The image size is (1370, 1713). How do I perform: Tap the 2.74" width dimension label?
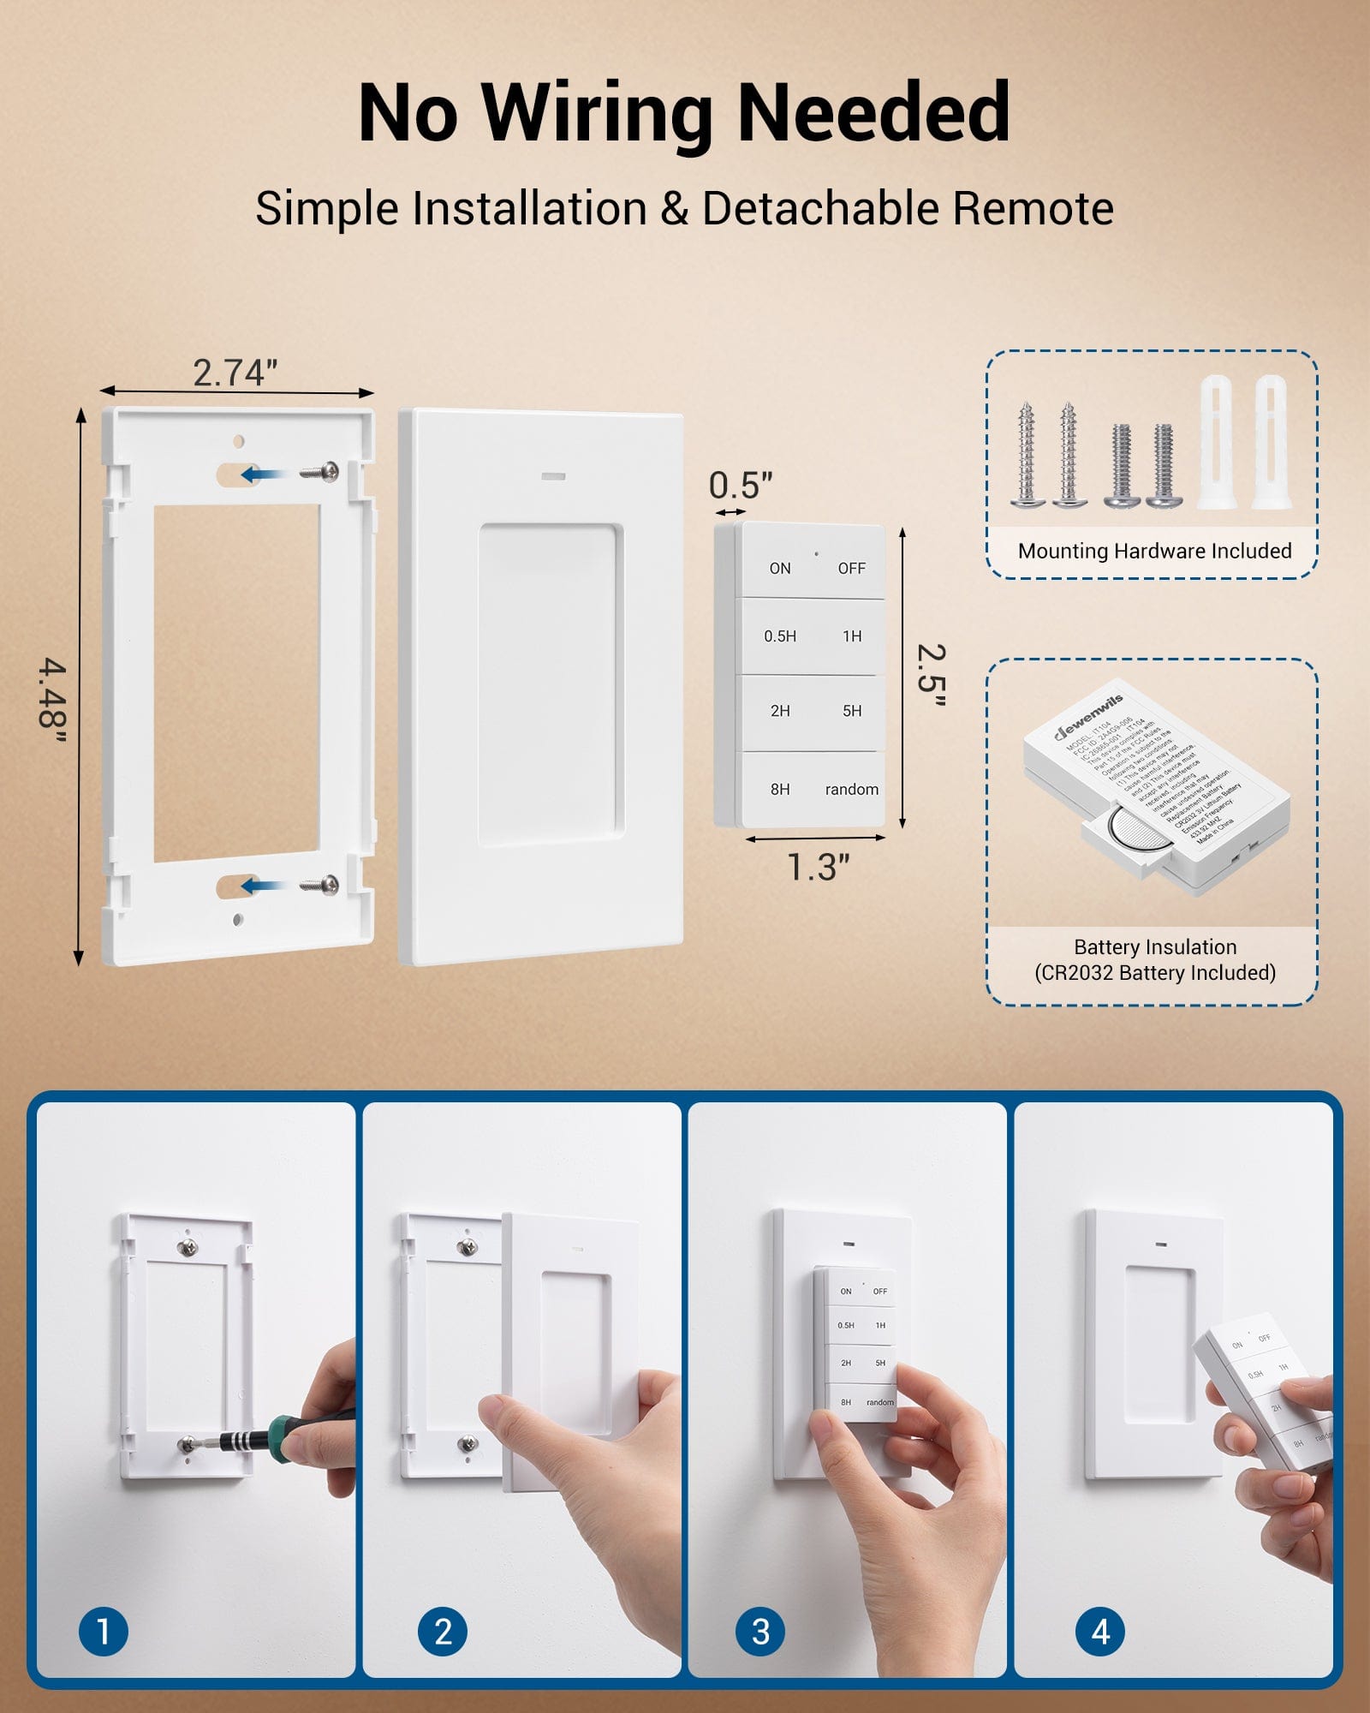coord(235,373)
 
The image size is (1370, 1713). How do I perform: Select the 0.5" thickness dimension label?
coord(741,486)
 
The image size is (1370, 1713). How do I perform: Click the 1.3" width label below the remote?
coord(819,868)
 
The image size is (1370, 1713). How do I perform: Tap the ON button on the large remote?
coord(780,569)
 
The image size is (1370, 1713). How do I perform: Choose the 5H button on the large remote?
coord(852,711)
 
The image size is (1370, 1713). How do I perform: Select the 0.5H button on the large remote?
coord(780,636)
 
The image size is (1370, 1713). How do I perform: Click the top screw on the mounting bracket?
coord(323,471)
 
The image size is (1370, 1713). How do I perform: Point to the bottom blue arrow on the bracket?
coord(261,886)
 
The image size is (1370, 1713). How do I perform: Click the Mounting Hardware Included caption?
coord(1154,551)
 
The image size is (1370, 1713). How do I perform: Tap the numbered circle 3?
coord(760,1632)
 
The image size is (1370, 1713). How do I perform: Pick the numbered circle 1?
coord(104,1632)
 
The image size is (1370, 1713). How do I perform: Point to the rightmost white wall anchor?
coord(1271,444)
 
